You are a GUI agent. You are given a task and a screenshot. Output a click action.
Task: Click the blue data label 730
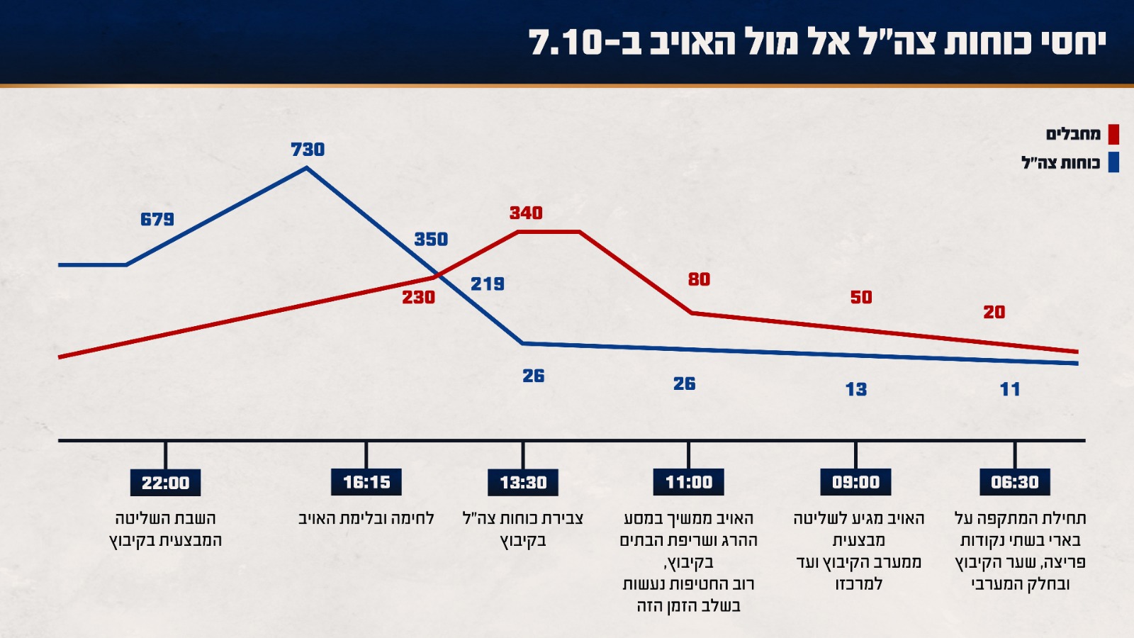coord(308,150)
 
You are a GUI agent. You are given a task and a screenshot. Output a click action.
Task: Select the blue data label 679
coord(157,219)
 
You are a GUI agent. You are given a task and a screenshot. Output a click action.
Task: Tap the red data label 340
coord(526,213)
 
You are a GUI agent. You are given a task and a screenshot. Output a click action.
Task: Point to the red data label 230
coord(419,297)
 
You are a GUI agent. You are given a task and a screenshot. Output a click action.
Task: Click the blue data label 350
coord(431,239)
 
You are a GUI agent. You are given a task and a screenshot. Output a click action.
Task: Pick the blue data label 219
coord(488,284)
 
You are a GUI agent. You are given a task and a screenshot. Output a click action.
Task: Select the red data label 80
coord(699,279)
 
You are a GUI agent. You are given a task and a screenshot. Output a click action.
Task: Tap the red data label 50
coord(861,297)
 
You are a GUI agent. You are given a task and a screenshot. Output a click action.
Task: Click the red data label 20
coord(994,312)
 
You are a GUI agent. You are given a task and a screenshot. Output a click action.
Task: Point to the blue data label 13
coord(856,389)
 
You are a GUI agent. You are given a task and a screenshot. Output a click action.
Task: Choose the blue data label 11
coord(1010,389)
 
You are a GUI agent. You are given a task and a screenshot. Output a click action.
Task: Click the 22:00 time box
coord(165,483)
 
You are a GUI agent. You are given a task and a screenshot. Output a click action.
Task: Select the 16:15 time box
coord(366,482)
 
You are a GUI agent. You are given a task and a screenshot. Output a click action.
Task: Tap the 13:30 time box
coord(523,482)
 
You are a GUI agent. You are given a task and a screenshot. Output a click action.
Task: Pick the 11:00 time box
coord(689,482)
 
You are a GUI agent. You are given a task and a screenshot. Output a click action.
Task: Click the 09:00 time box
coord(855,482)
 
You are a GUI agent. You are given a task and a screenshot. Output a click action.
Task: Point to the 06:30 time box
coord(1015,482)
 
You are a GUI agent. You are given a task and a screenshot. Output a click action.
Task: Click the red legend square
coord(1113,134)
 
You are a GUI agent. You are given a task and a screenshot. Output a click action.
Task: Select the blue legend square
coord(1113,162)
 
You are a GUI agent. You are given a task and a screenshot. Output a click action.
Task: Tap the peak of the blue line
coord(306,168)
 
